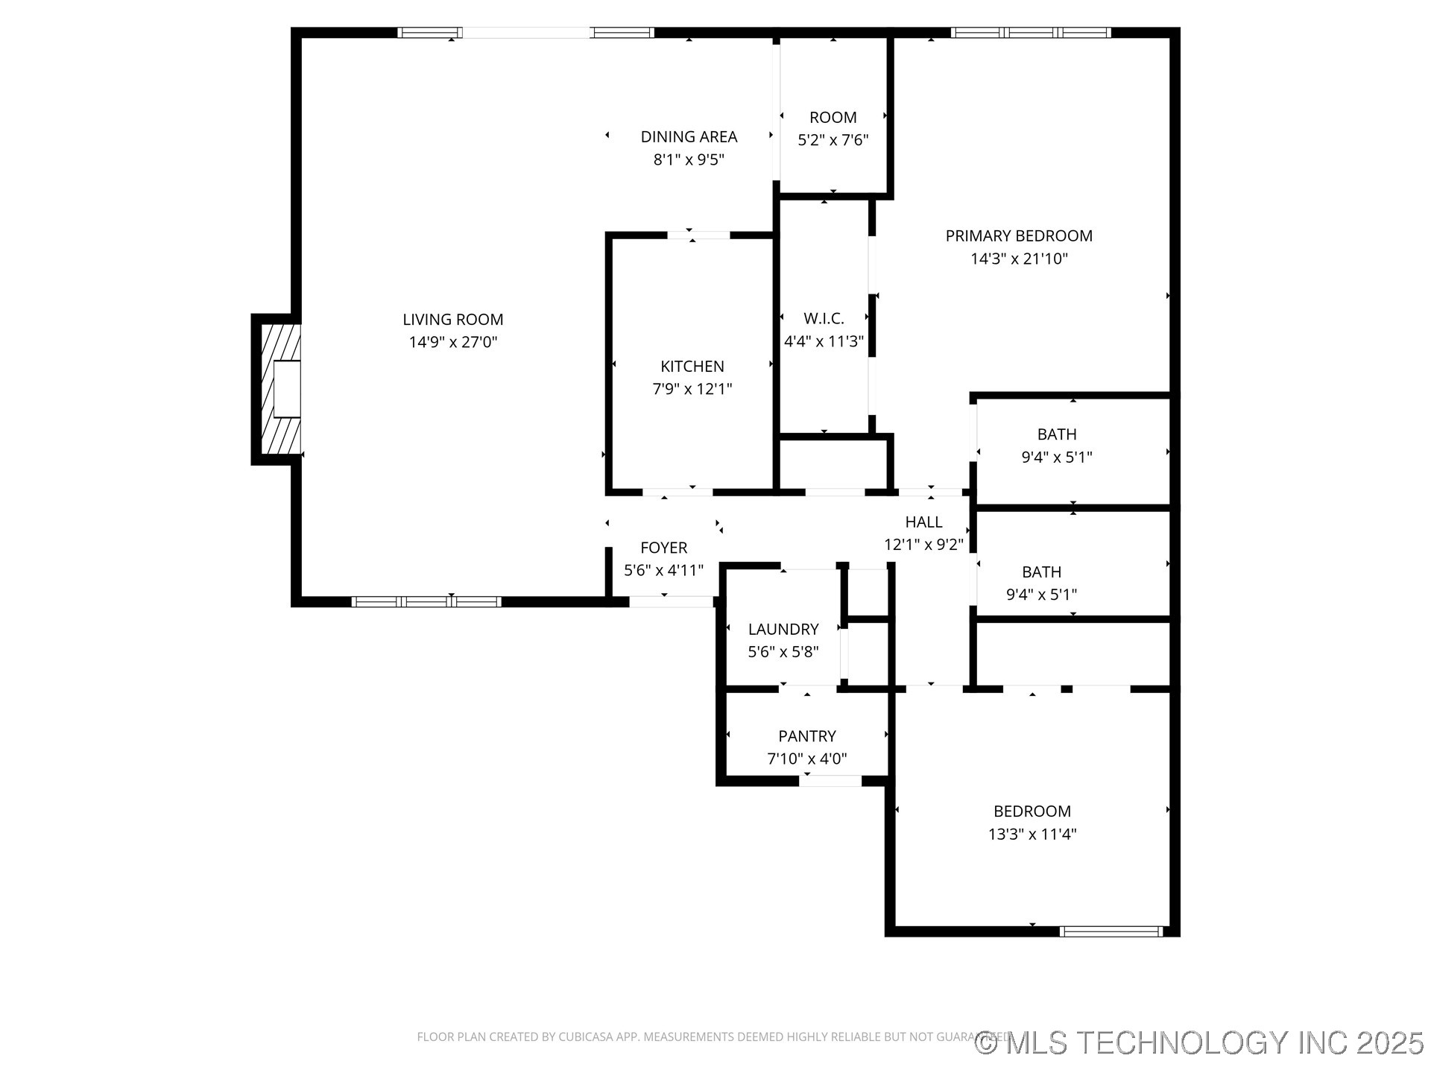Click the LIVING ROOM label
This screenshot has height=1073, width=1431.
coord(452,320)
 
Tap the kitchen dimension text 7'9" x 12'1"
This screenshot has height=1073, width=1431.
coord(692,389)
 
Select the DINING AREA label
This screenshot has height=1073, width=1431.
coord(689,137)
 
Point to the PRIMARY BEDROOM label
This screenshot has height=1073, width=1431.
coord(1018,236)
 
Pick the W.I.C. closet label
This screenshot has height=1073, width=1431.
coord(824,319)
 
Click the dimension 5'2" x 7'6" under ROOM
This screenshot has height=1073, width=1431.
coord(833,140)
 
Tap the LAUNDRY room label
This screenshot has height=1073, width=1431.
coord(783,630)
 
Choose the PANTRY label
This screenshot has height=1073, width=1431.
coord(806,736)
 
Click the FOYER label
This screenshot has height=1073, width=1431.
coord(663,548)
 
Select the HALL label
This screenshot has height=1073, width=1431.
coord(923,522)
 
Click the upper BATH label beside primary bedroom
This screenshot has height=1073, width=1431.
coord(1056,434)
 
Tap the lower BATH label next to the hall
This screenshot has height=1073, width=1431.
coord(1041,572)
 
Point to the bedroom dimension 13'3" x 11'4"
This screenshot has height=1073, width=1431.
coord(1032,835)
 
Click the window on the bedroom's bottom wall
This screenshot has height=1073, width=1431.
coord(1111,931)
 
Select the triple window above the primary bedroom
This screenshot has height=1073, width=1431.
coord(1031,33)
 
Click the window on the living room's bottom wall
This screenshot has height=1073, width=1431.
coord(426,601)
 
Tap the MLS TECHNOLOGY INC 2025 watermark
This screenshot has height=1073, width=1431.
coord(1199,1042)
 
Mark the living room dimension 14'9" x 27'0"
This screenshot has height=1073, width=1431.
coord(452,343)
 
